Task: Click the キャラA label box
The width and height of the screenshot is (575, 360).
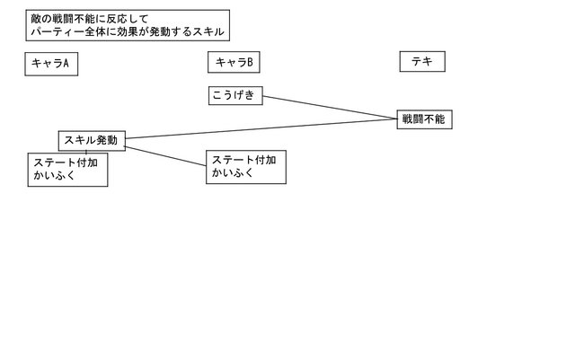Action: click(x=50, y=64)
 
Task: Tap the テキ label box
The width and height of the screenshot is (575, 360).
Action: click(x=422, y=63)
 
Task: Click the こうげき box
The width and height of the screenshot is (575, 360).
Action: click(x=234, y=94)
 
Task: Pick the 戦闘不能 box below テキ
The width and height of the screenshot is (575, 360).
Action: click(x=424, y=119)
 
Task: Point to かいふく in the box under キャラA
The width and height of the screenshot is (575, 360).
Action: click(x=52, y=177)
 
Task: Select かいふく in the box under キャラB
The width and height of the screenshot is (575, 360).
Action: click(x=230, y=172)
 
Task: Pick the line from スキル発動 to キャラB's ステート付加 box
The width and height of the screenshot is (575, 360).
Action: click(x=166, y=154)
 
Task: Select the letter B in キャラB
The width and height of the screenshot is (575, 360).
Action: click(x=249, y=63)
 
